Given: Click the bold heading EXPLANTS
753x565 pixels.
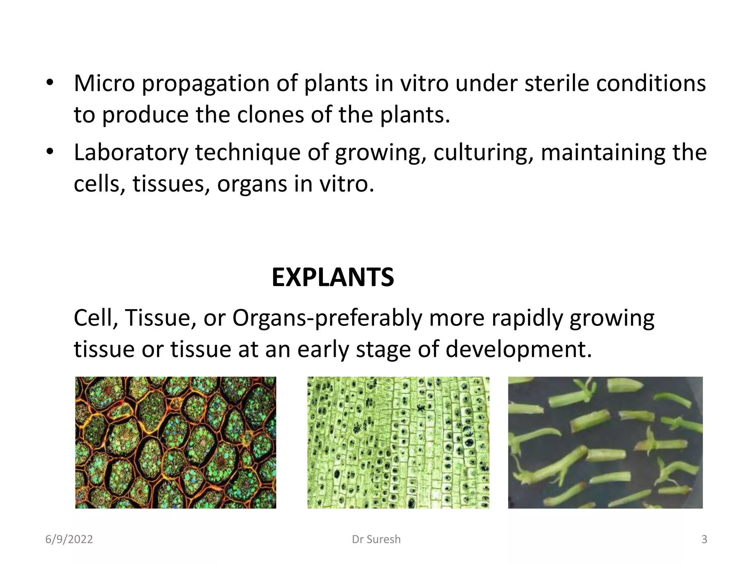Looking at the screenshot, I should pyautogui.click(x=333, y=277).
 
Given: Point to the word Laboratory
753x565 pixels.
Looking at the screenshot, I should pyautogui.click(x=131, y=152).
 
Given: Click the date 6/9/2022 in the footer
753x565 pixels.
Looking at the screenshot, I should pyautogui.click(x=69, y=539).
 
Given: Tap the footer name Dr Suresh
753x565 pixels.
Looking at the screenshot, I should pyautogui.click(x=376, y=539).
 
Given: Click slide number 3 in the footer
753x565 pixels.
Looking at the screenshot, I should pyautogui.click(x=704, y=539).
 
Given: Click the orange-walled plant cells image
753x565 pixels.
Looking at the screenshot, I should pyautogui.click(x=175, y=443).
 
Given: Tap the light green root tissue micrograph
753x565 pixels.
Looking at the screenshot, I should pyautogui.click(x=398, y=443).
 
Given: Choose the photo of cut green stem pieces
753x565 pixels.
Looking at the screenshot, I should pyautogui.click(x=605, y=443).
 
